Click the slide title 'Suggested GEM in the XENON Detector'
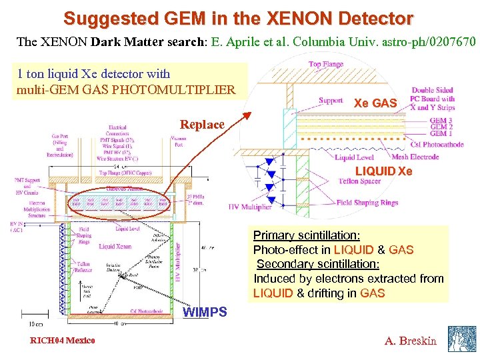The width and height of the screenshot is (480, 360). coord(238,17)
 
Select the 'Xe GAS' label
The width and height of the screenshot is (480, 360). coord(375,103)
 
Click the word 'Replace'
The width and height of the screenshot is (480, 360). coord(202,125)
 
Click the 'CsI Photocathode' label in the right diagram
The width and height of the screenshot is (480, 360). coord(437,145)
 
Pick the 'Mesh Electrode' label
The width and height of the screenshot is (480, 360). coord(415,157)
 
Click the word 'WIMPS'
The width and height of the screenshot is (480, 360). coord(205,312)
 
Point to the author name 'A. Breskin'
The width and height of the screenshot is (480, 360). coord(411,341)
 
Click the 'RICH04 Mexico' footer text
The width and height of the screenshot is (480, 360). coord(62,341)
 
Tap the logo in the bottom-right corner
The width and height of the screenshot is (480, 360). coord(461,339)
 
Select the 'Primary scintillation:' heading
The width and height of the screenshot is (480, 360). coord(307,235)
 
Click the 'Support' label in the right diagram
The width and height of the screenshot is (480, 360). coord(331,101)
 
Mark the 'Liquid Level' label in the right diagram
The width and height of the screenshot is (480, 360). coord(354,157)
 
